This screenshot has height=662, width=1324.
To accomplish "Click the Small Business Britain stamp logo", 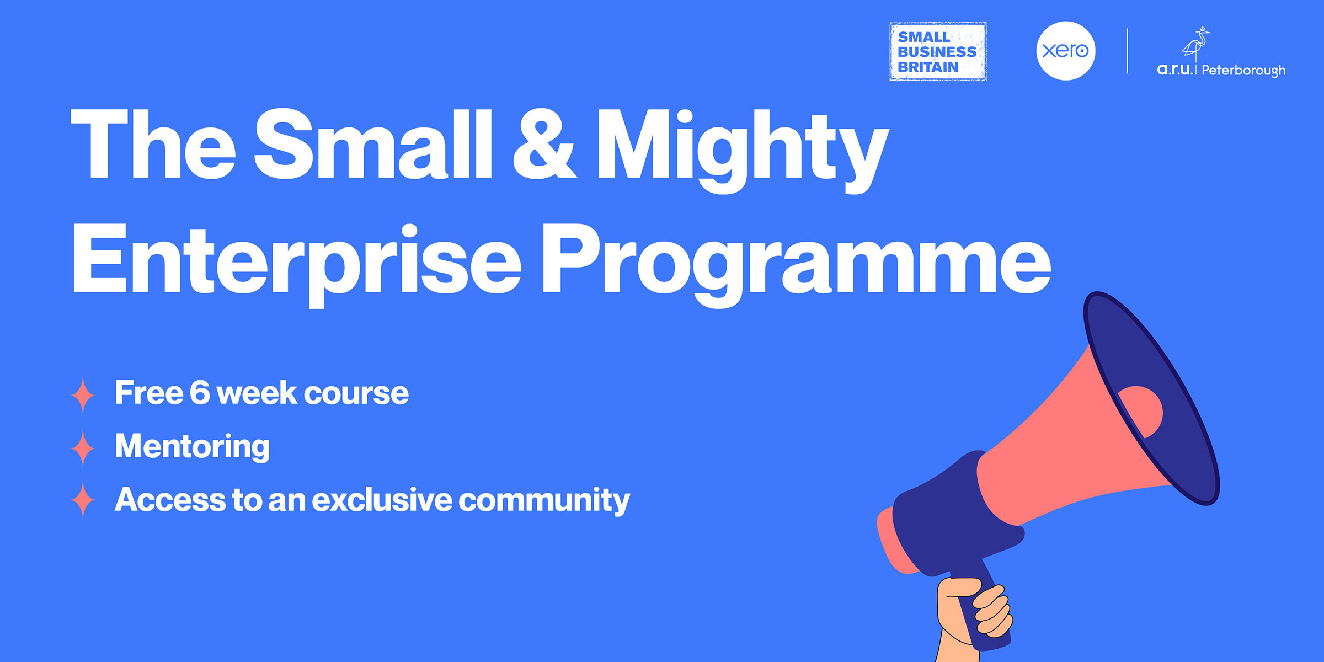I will coord(937,52).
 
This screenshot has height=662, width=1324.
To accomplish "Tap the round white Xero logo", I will coord(1065,51).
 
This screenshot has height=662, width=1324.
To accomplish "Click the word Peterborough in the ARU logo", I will coord(1243,71).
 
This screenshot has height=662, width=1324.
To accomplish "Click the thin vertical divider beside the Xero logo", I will coord(1127,51).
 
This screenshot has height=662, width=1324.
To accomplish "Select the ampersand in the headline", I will coord(543,145).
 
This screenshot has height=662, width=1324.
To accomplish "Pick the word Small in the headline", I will coord(372,145).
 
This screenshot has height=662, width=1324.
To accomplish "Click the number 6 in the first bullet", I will coord(200,392).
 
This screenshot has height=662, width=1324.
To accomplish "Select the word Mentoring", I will coord(192,446).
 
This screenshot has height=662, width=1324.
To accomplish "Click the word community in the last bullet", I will coord(544,500).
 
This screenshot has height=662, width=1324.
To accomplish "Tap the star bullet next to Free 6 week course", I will coord(83,395).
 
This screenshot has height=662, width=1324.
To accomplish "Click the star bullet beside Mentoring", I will coord(83,448).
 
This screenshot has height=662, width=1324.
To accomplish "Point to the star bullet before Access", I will coord(83,499).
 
